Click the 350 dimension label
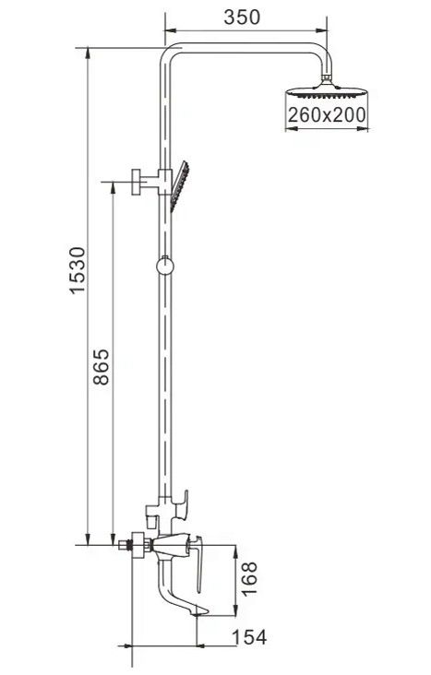point(242,18)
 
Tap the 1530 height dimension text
point(78,270)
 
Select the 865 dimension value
point(102,366)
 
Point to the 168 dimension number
point(249,578)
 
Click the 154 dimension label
point(249,636)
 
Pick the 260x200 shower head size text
point(327,115)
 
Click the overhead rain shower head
point(327,91)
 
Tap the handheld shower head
point(180,186)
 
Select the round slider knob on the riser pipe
point(164,266)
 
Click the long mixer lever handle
point(198,564)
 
